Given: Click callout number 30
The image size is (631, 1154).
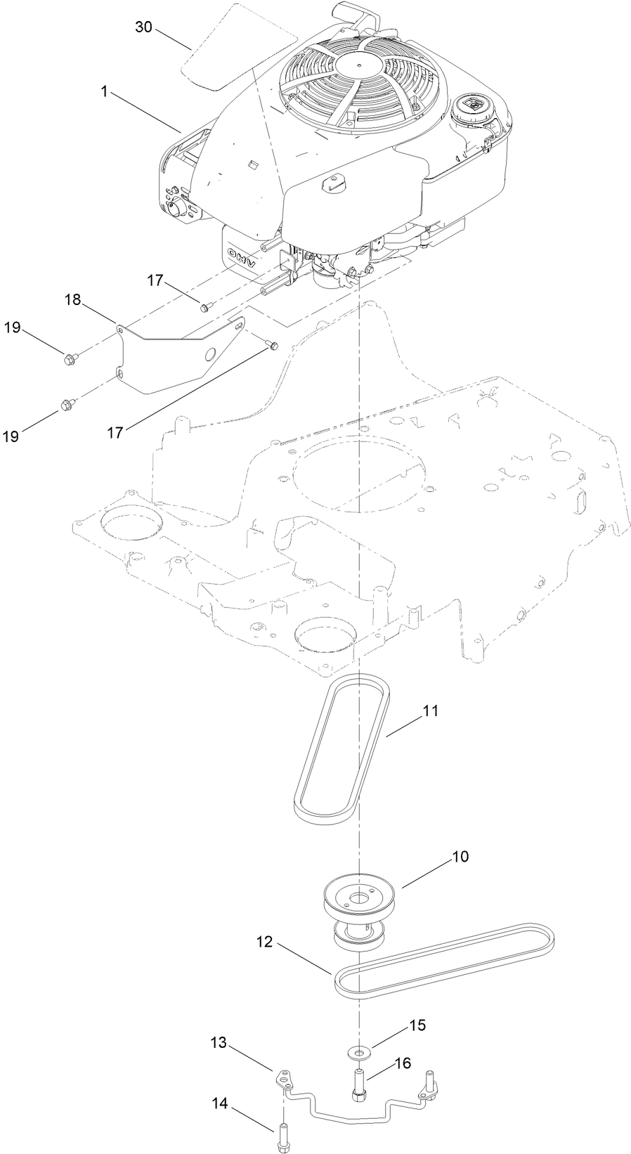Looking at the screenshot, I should click(143, 27).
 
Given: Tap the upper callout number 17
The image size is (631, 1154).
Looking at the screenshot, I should click(155, 280).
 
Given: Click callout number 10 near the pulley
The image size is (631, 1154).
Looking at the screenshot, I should click(460, 857).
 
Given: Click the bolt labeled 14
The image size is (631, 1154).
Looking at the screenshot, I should click(282, 1134).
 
